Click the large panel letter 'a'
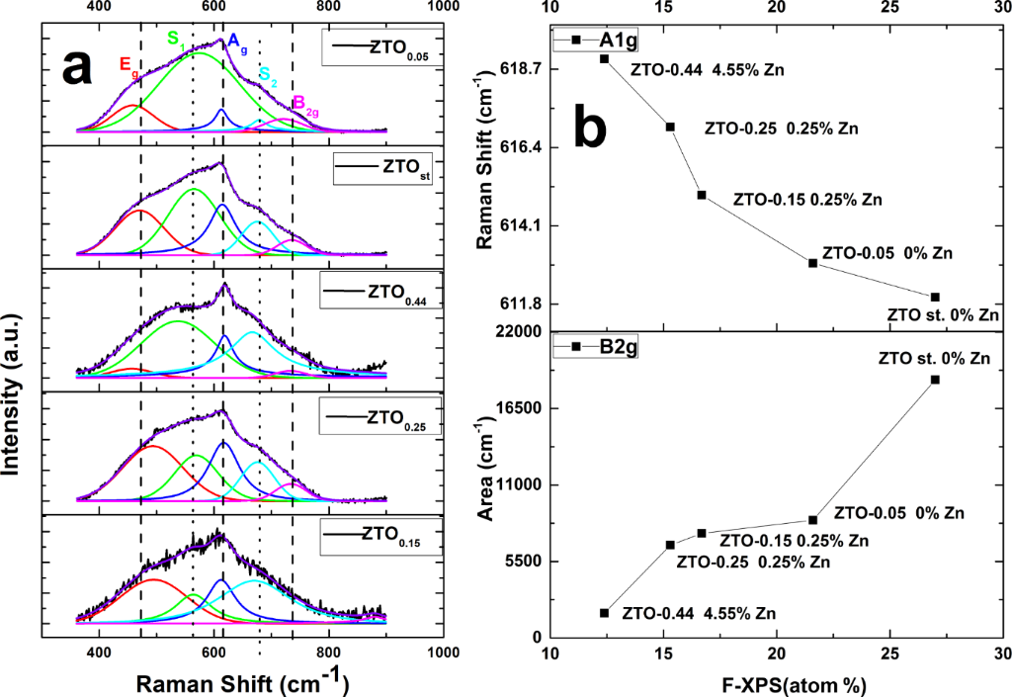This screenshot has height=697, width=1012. [x=78, y=68]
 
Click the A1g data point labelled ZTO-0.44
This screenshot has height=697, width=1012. [x=605, y=58]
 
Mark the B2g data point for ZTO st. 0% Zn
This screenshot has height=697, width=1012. [x=935, y=380]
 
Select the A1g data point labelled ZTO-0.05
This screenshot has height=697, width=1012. [x=812, y=263]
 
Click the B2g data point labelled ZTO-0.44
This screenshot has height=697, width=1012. [x=605, y=613]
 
